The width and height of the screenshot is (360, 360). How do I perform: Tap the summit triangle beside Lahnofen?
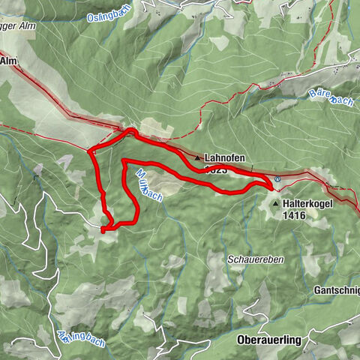198,158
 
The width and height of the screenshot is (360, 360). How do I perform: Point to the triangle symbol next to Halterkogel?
276,203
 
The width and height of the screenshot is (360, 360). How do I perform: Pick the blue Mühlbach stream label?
148,184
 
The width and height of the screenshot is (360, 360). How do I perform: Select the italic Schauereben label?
254,258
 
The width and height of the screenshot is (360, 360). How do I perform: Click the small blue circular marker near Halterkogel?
277,179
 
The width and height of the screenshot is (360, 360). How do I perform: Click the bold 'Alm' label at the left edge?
8,61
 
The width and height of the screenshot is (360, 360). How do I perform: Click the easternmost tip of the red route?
272,184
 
